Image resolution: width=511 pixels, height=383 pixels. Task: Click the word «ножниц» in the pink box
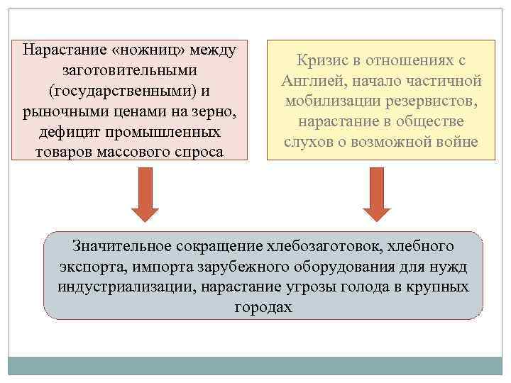147,52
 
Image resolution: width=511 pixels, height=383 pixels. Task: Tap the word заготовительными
129,72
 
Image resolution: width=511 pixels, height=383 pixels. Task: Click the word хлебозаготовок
322,248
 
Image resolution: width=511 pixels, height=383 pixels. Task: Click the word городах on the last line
263,309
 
